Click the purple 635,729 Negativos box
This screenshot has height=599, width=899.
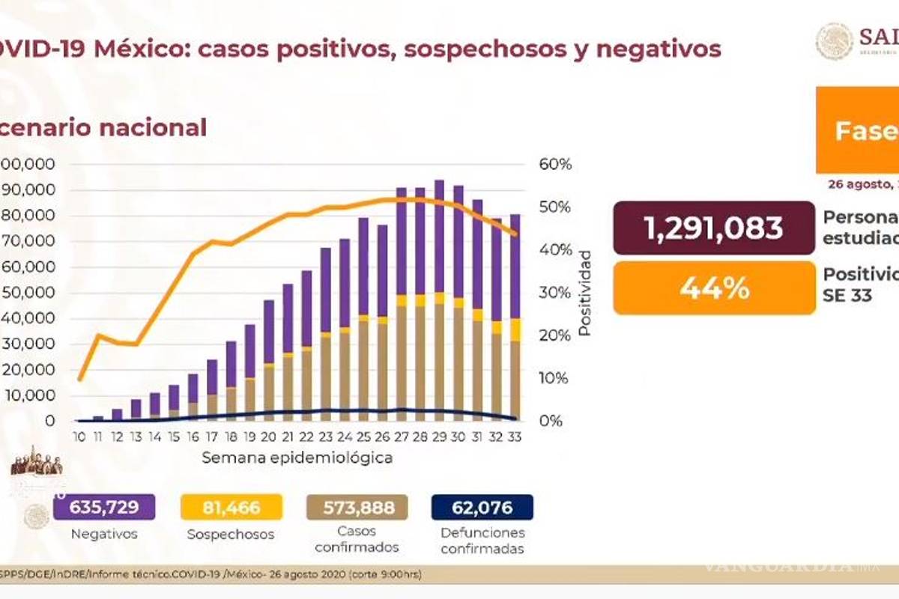104,508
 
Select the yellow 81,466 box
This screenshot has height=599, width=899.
231,508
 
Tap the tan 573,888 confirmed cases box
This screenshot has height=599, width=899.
357,508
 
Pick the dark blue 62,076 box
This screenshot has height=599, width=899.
482,508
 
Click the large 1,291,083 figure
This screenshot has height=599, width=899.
713,228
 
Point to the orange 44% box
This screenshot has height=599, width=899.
713,288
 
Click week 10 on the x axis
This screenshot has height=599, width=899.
78,437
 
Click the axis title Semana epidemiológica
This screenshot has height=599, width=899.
297,457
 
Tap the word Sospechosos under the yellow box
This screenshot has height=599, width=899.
231,535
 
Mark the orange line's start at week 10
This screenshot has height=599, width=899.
79,379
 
